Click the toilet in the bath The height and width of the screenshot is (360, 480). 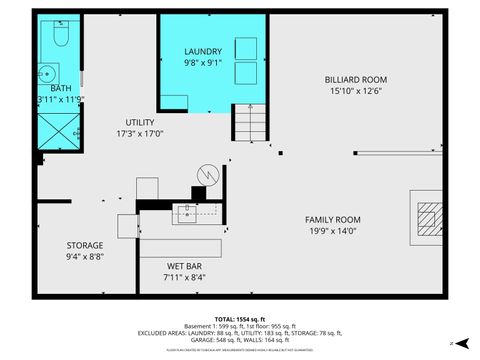pos(57,37)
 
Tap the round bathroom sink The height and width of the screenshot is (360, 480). pos(47,73)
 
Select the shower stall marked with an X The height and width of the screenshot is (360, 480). pos(58,128)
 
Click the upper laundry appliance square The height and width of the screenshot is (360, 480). pos(245,47)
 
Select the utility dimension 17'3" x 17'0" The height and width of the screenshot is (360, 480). pos(140,133)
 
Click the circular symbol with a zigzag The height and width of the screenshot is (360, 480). pos(207,173)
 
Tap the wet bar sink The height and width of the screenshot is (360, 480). pos(187,211)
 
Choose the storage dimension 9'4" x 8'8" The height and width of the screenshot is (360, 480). pos(85,256)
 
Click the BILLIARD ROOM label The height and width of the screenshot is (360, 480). pos(355,80)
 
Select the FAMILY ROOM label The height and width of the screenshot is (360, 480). pos(333,219)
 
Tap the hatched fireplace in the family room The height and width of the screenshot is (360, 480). pos(429,217)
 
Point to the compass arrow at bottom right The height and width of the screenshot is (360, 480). pos(460,343)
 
